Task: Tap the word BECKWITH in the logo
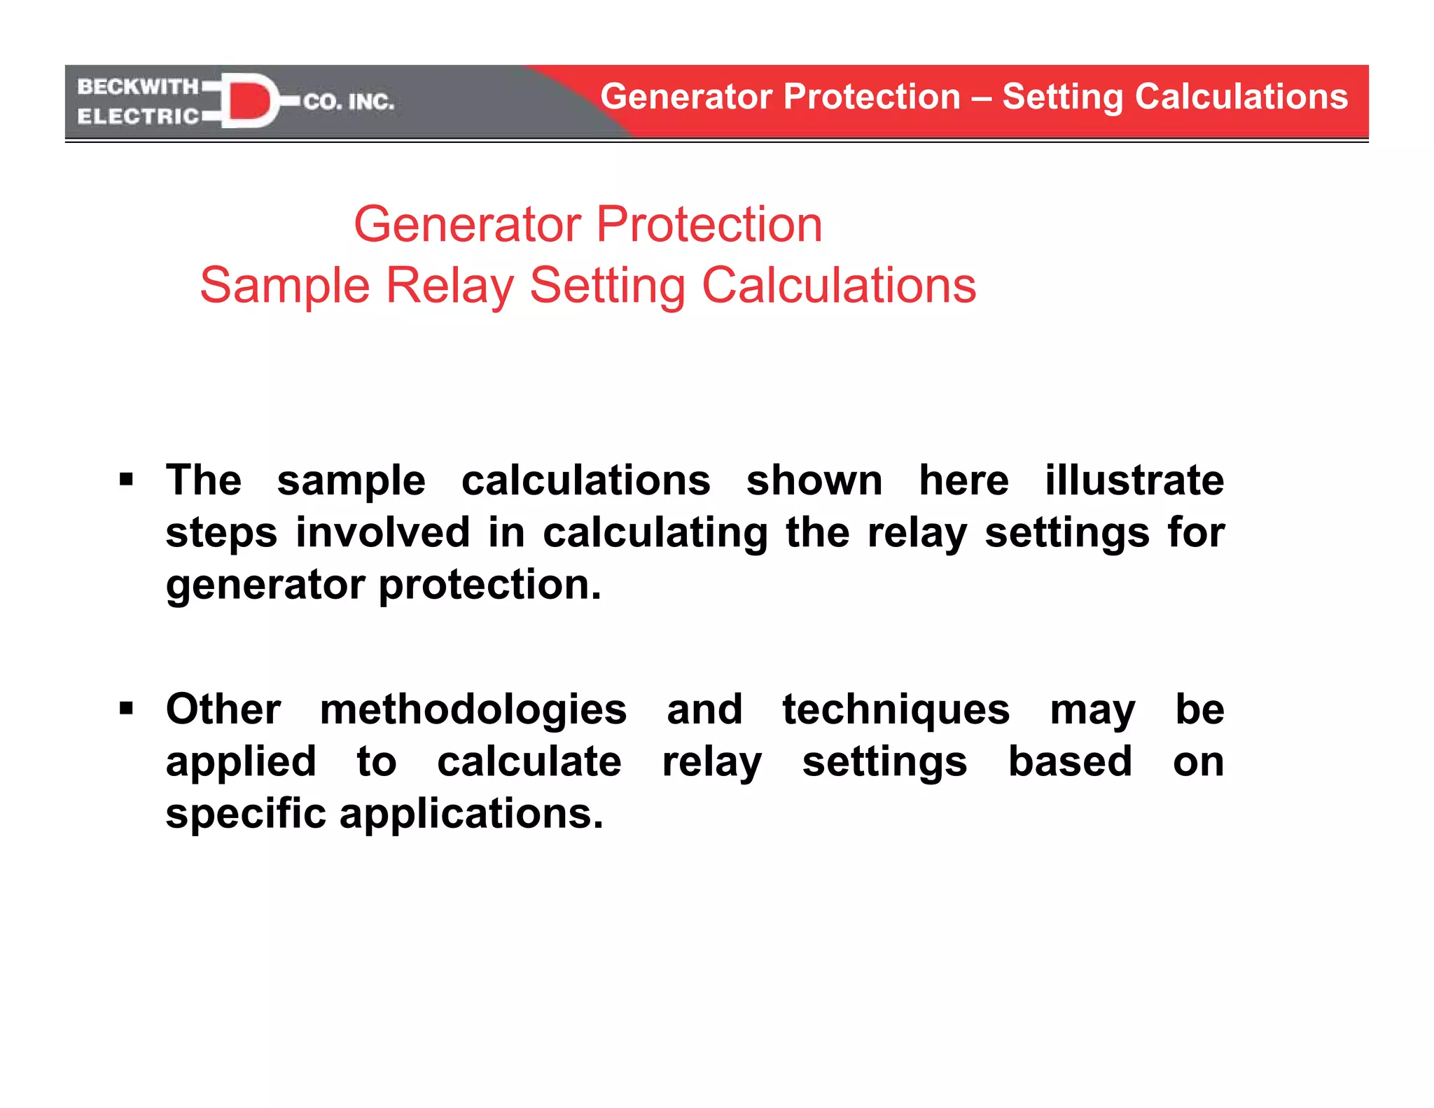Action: coord(138,87)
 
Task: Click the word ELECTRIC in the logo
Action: coord(138,116)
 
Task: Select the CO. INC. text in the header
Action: coord(349,102)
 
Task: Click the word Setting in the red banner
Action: coord(1061,97)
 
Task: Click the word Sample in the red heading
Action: coord(284,286)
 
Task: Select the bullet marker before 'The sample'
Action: coord(126,480)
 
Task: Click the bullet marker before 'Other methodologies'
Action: coord(126,709)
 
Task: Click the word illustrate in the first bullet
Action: coord(1134,480)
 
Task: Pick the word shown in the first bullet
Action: coord(814,480)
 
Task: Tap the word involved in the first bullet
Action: coord(382,532)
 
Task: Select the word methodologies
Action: coord(473,709)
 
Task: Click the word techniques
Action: coord(896,709)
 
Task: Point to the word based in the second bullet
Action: coord(1070,761)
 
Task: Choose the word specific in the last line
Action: coord(246,814)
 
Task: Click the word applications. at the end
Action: coord(471,814)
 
